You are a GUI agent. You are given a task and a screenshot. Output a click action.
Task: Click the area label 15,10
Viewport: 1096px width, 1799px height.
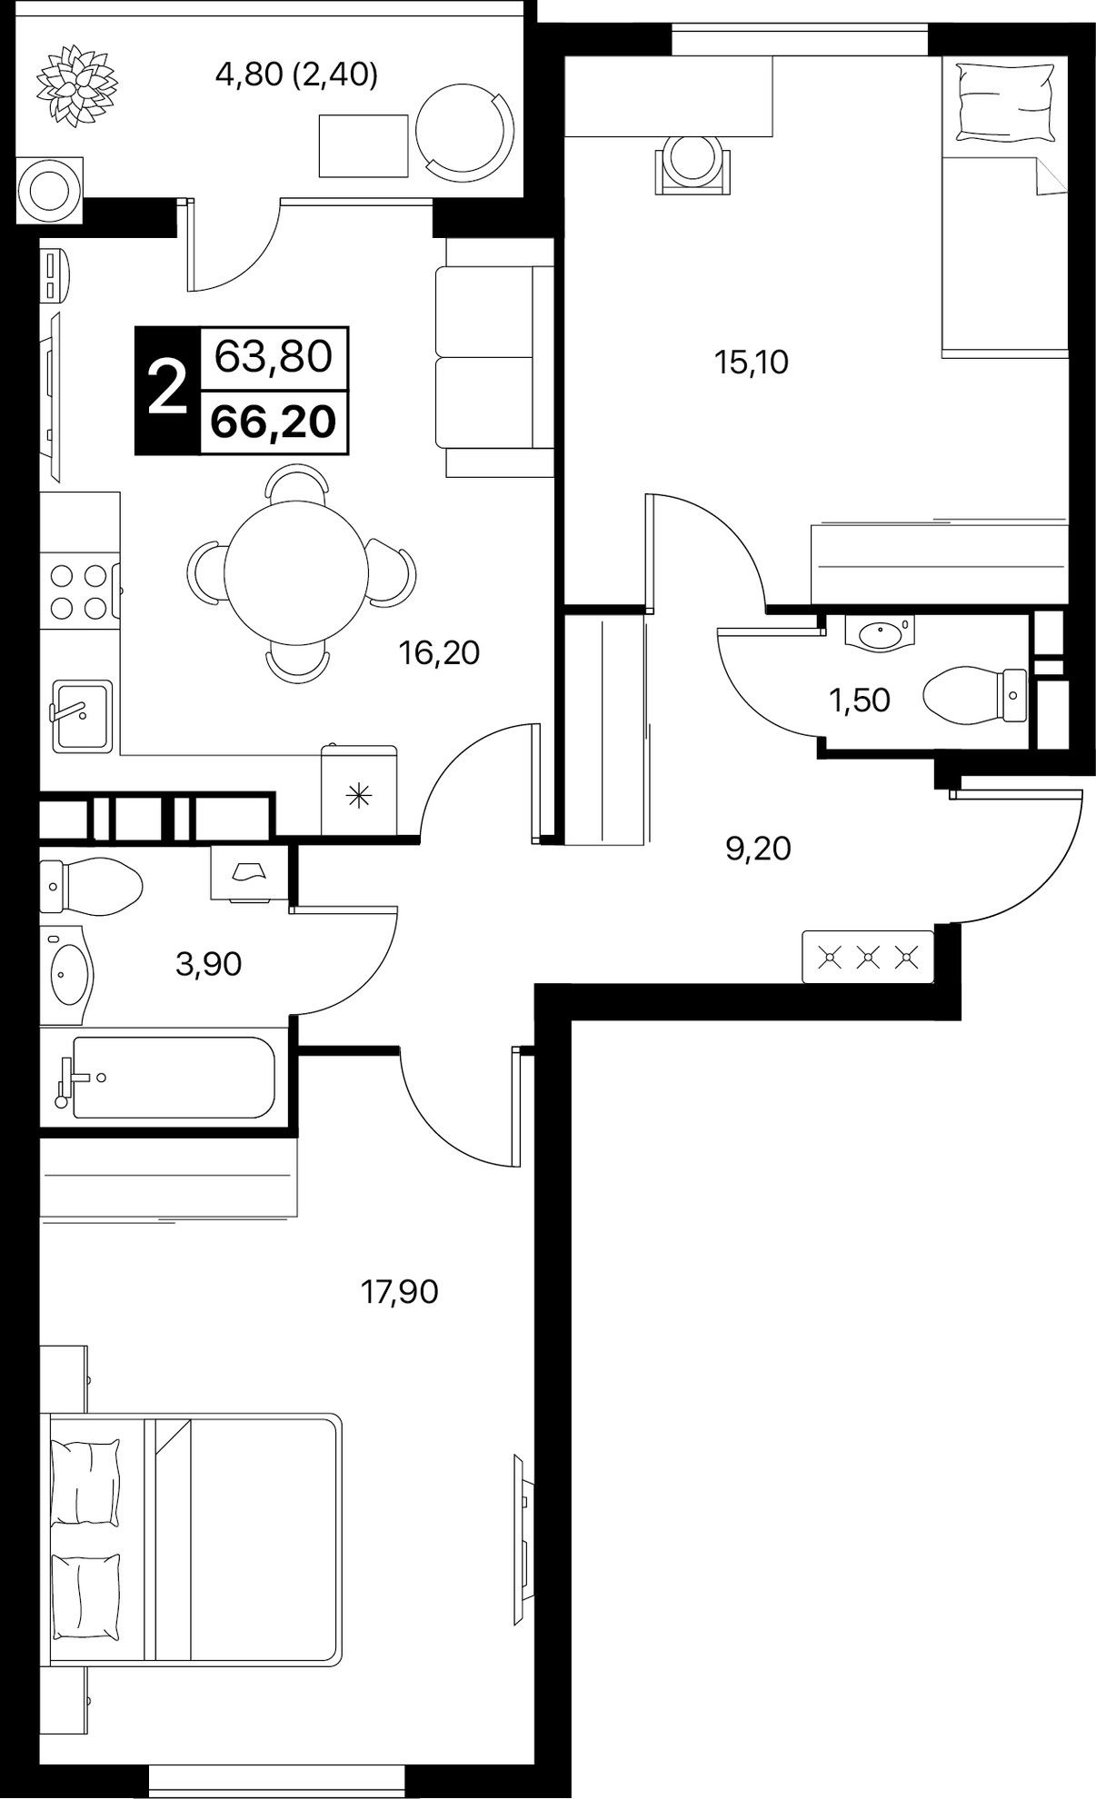point(751,363)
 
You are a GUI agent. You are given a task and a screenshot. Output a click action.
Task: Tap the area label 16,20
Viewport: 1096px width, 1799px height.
point(439,652)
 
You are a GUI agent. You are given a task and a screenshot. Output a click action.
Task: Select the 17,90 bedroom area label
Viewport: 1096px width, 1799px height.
point(400,1291)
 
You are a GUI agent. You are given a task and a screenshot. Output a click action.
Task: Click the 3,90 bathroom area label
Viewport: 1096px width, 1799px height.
point(209,964)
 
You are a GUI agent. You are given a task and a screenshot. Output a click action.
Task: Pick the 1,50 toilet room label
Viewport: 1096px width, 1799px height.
point(859,701)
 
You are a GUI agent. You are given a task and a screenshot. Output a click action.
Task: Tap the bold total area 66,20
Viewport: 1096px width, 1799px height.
point(274,422)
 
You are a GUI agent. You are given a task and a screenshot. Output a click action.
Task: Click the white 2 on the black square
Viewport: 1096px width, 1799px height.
point(167,390)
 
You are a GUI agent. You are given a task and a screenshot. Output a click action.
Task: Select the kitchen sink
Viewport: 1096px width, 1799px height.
point(82,715)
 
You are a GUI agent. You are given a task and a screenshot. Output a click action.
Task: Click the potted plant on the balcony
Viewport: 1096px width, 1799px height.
point(77,86)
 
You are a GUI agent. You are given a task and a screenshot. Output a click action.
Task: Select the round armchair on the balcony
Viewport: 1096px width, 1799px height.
point(465,134)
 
